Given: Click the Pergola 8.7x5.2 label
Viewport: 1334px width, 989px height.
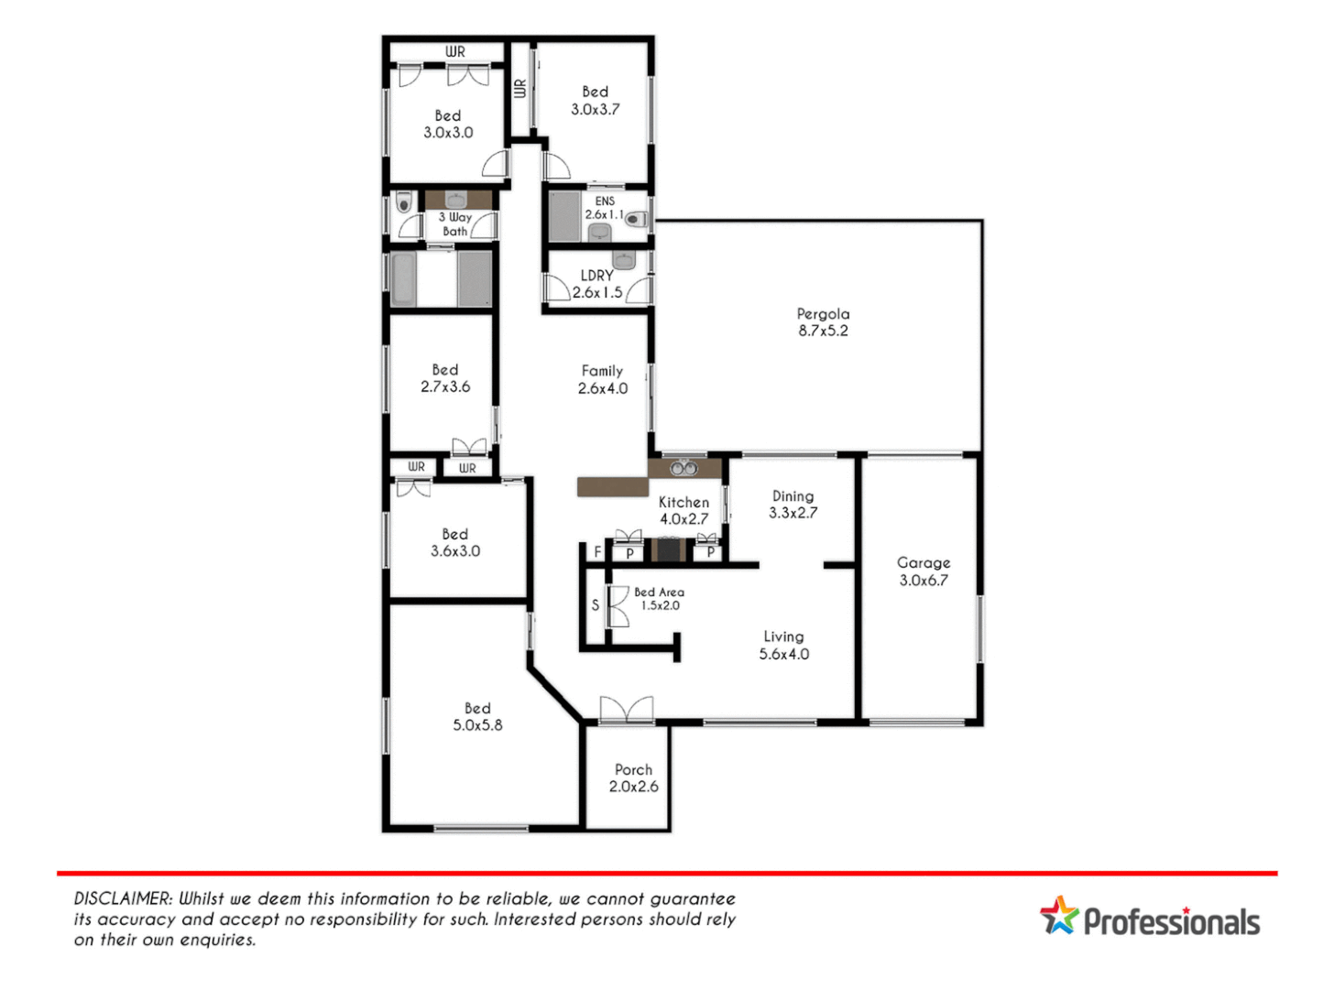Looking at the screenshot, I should (823, 322).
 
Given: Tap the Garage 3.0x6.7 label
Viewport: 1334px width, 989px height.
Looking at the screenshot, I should (924, 571).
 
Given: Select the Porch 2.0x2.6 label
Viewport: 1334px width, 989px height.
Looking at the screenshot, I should (634, 778).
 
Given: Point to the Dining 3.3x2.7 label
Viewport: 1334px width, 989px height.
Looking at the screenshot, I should (793, 505).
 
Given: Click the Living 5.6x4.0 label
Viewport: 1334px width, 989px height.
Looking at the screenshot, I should (783, 645).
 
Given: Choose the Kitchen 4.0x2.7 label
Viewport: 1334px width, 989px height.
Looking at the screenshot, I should (683, 510).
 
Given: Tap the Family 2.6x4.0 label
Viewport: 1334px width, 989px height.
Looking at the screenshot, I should (602, 379).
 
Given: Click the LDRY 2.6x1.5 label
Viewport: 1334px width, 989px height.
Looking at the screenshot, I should (596, 284).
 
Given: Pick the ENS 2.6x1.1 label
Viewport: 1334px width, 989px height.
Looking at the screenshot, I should (604, 208).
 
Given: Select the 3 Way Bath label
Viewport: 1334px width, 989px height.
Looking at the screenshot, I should (455, 224).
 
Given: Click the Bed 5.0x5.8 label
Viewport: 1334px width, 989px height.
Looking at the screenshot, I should (477, 716).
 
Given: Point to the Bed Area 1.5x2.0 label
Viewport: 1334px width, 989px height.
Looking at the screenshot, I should (659, 599).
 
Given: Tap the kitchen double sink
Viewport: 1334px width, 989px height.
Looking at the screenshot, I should (683, 469).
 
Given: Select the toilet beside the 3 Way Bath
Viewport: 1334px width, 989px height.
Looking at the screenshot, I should (404, 202).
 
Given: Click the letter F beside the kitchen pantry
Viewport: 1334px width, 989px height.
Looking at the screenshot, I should (597, 552).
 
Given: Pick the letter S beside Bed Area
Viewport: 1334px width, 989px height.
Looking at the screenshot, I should (595, 605).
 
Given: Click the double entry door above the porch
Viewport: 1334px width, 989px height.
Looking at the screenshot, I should (627, 710).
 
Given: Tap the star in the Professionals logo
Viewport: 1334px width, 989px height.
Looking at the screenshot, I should (1059, 915).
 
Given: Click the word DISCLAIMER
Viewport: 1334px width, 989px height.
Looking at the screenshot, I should (122, 899).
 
